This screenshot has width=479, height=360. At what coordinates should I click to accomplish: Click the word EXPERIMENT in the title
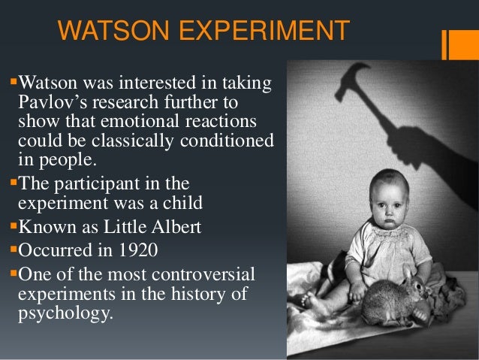tap(260, 32)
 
